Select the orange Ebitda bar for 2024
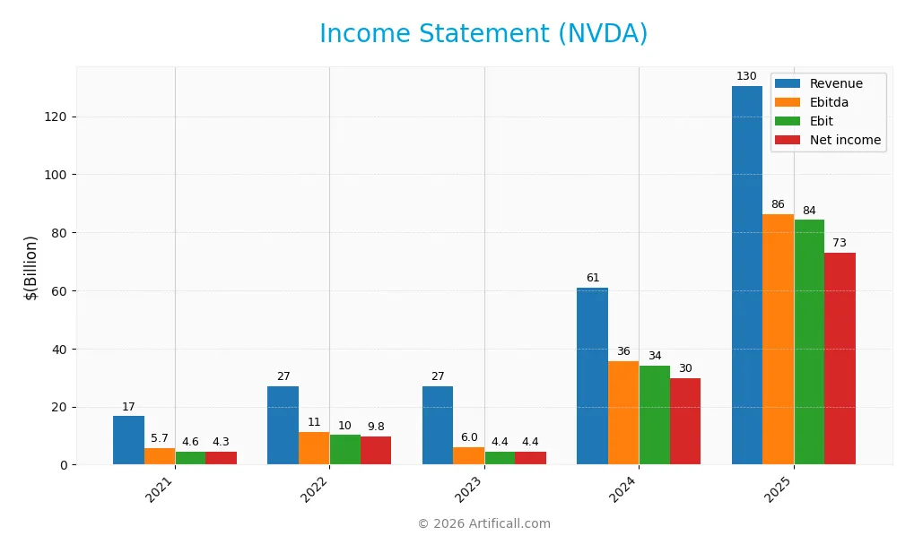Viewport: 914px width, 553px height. point(623,412)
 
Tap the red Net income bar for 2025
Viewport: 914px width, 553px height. point(840,359)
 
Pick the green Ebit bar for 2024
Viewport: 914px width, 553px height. point(654,415)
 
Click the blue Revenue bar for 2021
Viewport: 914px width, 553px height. point(128,440)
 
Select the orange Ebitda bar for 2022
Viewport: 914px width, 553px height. point(314,448)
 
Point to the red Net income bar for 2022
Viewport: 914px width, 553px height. point(376,450)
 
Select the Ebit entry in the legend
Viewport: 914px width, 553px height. point(821,121)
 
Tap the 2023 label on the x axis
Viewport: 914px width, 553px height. point(468,489)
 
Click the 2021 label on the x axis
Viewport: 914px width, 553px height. point(159,489)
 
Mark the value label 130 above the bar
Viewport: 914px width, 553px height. point(746,76)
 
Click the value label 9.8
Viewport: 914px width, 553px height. point(376,427)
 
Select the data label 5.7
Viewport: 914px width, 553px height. point(159,438)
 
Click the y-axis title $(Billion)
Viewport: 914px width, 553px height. point(31,267)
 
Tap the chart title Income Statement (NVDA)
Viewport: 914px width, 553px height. point(483,34)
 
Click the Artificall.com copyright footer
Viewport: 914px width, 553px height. point(483,523)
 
